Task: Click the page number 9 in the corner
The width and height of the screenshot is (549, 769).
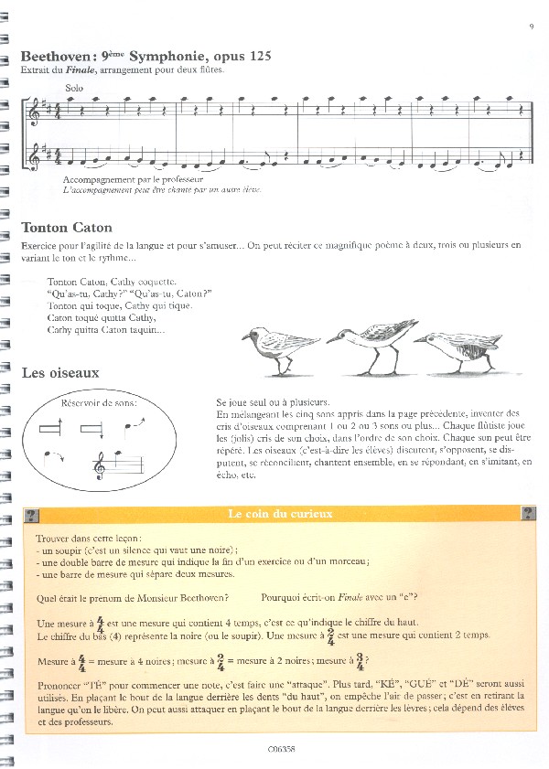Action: (x=530, y=26)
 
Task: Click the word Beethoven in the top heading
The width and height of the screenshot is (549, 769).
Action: (x=55, y=57)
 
